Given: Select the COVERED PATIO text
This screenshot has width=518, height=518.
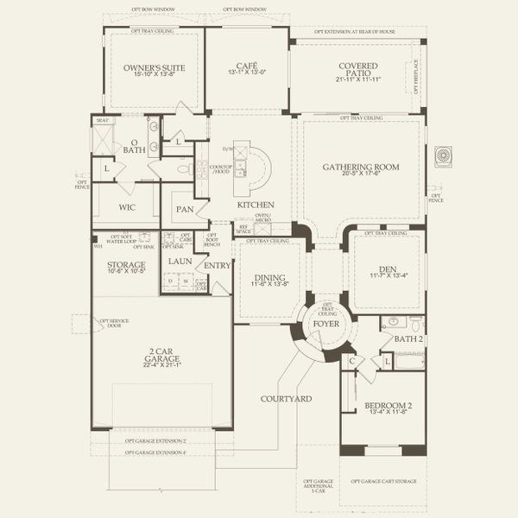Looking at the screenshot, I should click(x=359, y=71).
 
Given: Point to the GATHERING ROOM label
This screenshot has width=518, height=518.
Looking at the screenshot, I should click(x=361, y=167).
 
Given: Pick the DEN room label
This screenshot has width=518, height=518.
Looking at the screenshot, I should click(x=386, y=268).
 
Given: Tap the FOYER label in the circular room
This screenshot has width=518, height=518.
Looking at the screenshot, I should click(x=326, y=325).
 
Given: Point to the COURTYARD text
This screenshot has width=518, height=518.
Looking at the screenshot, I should click(x=287, y=399).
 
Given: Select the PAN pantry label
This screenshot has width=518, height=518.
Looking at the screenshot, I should click(x=184, y=209).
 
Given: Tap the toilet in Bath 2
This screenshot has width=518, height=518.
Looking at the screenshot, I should click(x=415, y=324).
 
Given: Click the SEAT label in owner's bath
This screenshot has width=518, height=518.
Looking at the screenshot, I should click(x=102, y=121).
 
